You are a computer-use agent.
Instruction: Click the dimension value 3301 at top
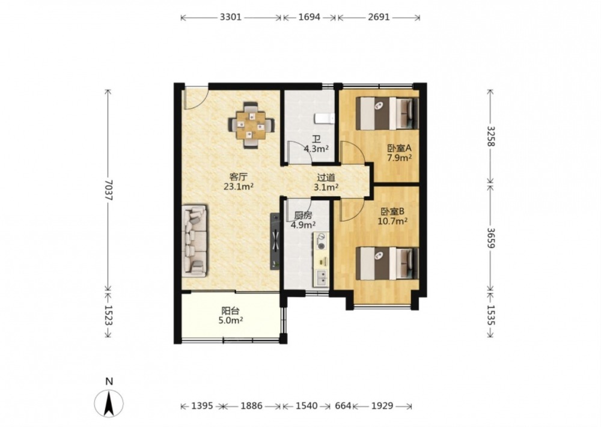click(231, 17)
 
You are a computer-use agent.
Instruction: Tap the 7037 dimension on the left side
click(108, 190)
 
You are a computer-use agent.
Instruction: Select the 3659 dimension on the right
click(491, 238)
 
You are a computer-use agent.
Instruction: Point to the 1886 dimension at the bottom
click(251, 406)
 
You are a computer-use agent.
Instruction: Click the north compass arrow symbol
click(109, 403)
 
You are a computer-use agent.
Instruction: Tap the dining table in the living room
click(251, 126)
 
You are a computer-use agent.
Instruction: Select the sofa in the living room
click(195, 241)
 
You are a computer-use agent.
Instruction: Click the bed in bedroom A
click(387, 114)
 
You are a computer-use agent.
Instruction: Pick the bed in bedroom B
click(387, 263)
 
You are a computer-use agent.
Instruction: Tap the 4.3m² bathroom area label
click(316, 149)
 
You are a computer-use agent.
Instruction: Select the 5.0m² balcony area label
click(231, 321)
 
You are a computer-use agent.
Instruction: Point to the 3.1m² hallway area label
click(326, 187)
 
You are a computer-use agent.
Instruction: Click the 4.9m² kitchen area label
click(303, 225)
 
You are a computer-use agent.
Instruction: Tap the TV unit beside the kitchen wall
click(275, 241)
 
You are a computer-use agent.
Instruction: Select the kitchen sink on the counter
click(321, 278)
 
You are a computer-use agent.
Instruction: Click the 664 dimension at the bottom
click(343, 406)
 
